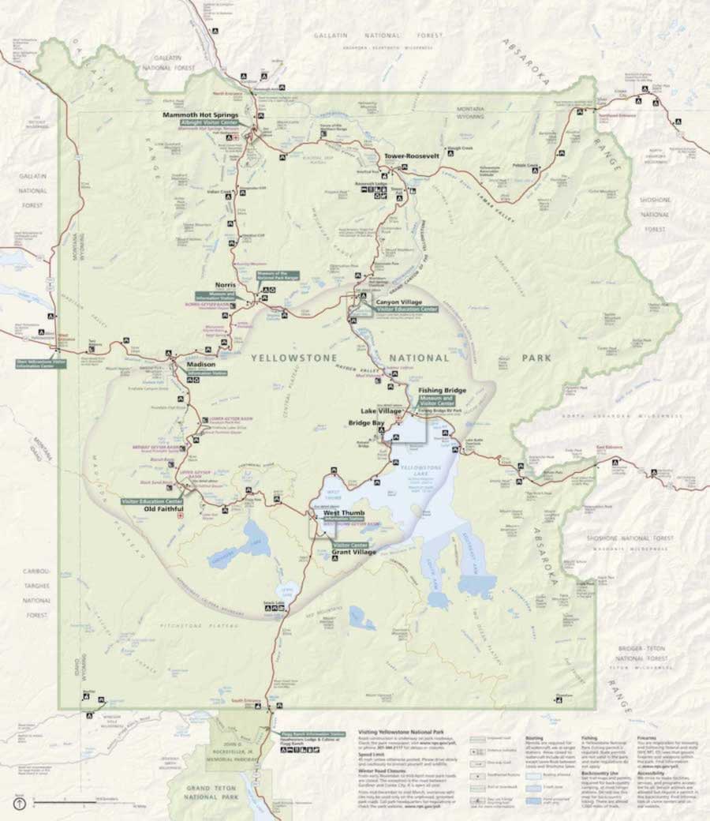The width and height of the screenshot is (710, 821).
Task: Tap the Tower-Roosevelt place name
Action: [411, 156]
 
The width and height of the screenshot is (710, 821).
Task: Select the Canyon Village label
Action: [399, 302]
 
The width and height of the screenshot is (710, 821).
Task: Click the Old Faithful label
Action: [163, 508]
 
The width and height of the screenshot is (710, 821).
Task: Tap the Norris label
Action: [226, 285]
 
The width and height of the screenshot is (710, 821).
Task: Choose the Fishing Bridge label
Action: [442, 390]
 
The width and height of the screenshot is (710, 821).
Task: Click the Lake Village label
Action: [382, 411]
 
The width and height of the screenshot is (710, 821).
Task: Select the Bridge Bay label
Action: [367, 423]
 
